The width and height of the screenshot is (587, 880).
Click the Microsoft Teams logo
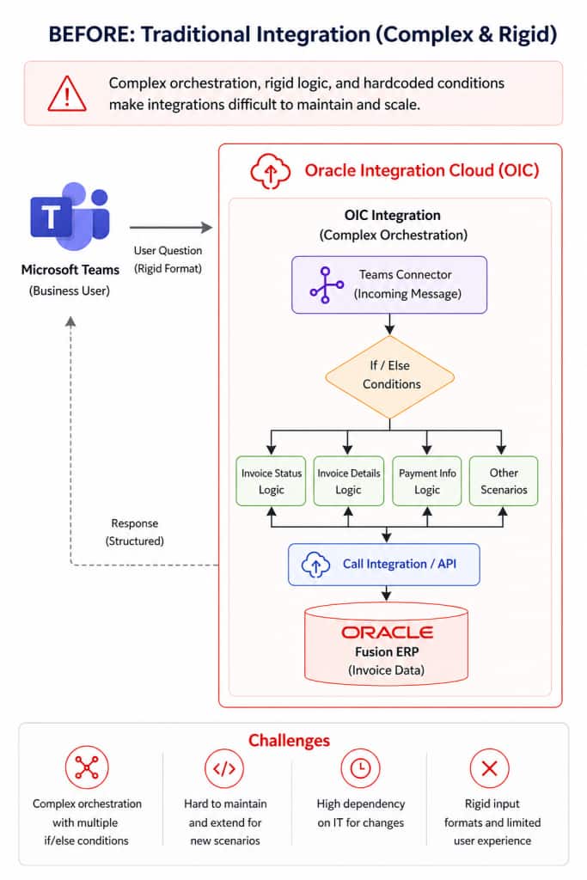pos(70,212)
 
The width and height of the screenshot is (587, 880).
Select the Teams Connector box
pos(388,284)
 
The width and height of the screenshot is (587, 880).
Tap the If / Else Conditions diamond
pos(390,375)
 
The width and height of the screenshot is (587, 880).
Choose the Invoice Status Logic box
pos(271,481)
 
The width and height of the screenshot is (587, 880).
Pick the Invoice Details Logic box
pos(348,481)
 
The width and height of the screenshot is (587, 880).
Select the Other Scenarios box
pos(504,481)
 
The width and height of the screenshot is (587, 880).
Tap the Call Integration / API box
pos(384,564)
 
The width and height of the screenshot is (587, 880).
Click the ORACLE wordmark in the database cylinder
pos(387,632)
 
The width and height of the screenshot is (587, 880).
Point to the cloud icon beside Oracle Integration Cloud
pos(271,170)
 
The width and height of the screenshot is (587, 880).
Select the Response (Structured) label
pos(134,532)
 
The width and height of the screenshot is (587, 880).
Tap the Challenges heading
pos(289,741)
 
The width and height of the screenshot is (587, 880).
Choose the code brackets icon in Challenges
pos(224,768)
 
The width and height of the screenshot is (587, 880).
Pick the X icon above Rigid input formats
pos(490,768)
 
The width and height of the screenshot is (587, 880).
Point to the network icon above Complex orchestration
pos(86,768)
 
